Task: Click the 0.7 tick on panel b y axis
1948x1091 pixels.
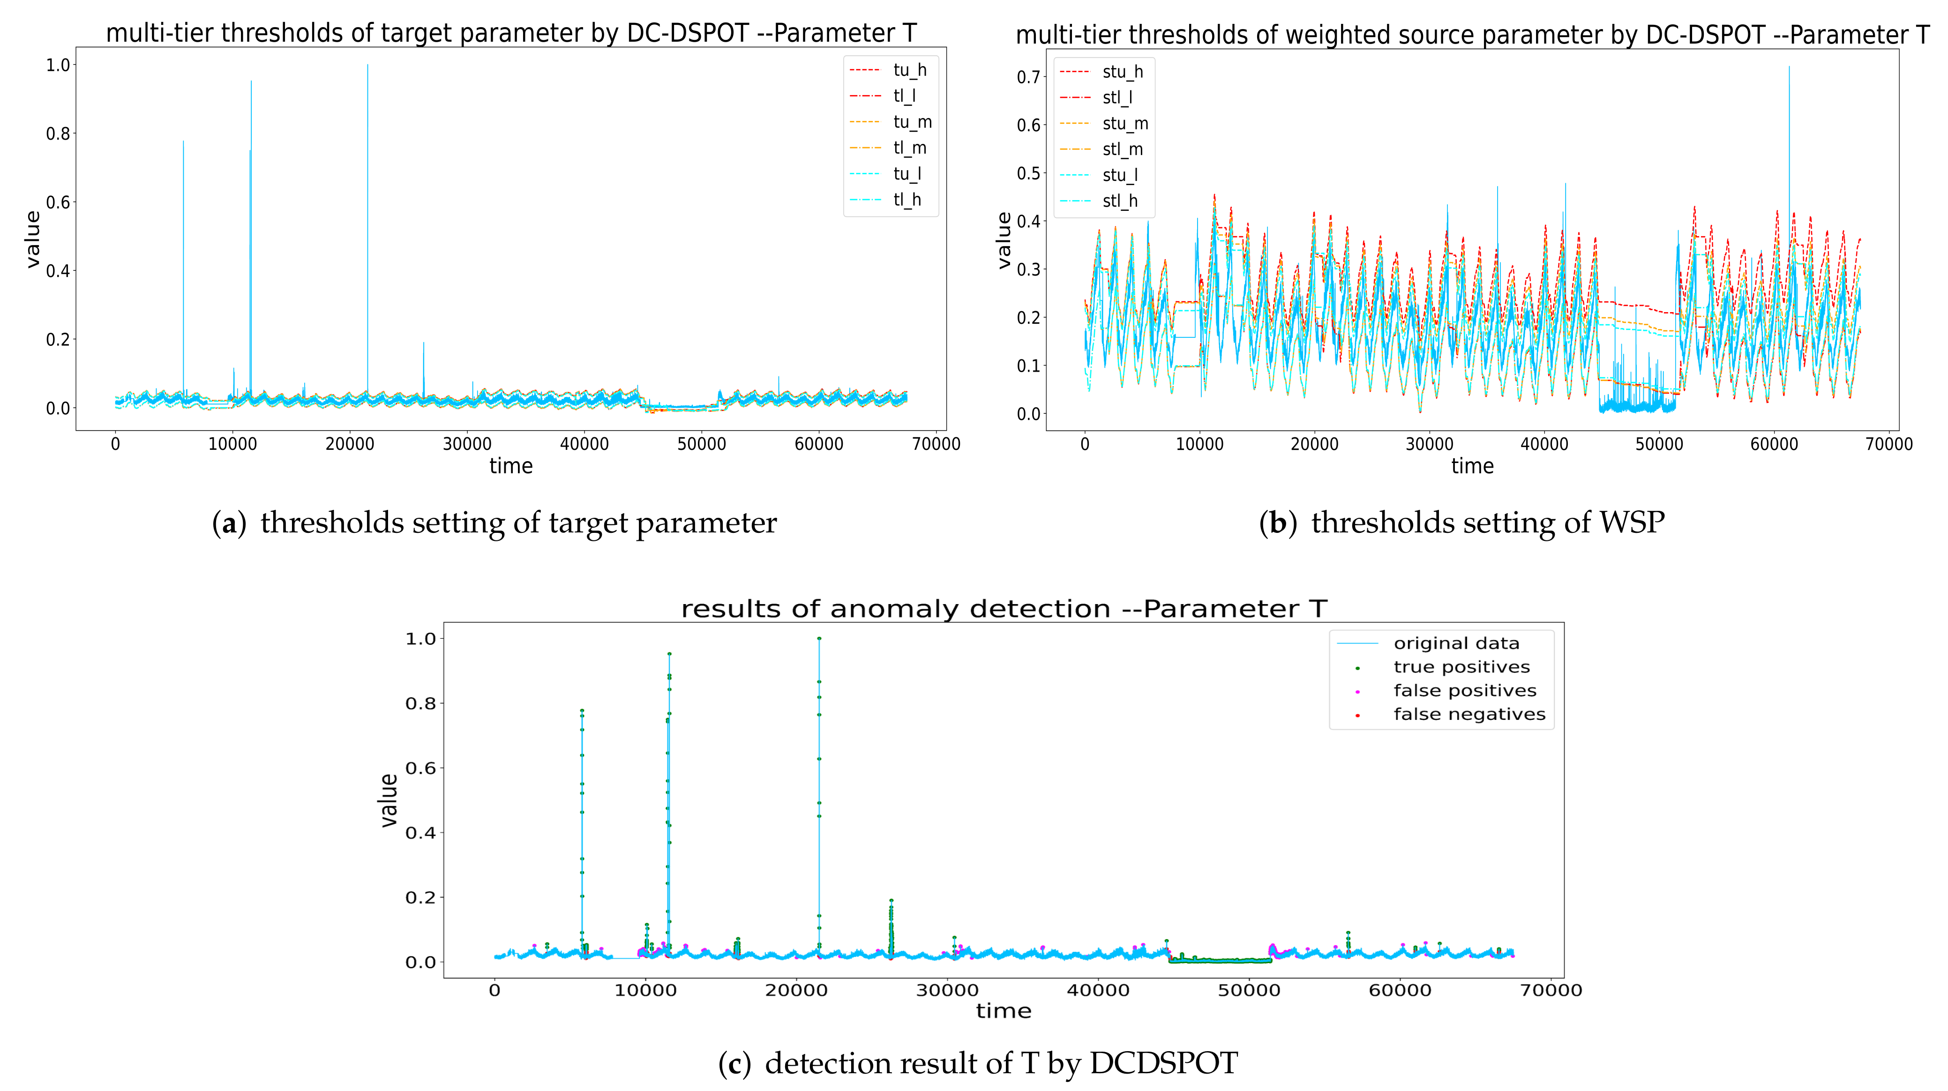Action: click(1028, 77)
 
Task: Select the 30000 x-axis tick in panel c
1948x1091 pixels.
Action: click(947, 990)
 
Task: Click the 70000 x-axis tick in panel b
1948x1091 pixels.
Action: click(1888, 445)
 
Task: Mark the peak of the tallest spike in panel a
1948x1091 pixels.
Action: click(368, 65)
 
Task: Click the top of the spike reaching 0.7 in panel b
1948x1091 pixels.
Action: click(1789, 67)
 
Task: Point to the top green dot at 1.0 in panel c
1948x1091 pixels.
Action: click(819, 638)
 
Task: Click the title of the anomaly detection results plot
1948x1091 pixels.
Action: click(1004, 609)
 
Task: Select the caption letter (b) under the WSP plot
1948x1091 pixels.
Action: click(1277, 523)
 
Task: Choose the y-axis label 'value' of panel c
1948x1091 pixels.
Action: click(389, 800)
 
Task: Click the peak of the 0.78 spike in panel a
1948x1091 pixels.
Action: click(183, 142)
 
